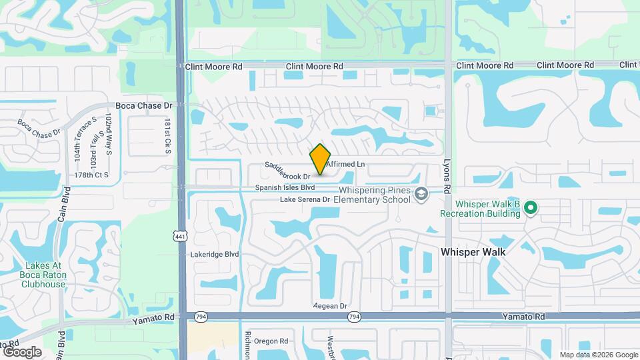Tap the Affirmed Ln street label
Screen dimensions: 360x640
346,164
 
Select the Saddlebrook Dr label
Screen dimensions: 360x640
288,171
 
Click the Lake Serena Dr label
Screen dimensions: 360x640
305,199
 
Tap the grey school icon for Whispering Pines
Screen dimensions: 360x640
420,194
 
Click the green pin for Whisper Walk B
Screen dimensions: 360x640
530,207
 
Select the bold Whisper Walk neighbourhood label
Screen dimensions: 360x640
473,253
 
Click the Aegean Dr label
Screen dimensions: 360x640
331,306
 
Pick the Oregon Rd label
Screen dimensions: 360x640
270,341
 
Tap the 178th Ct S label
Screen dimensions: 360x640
91,175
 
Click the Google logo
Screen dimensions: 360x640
22,352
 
